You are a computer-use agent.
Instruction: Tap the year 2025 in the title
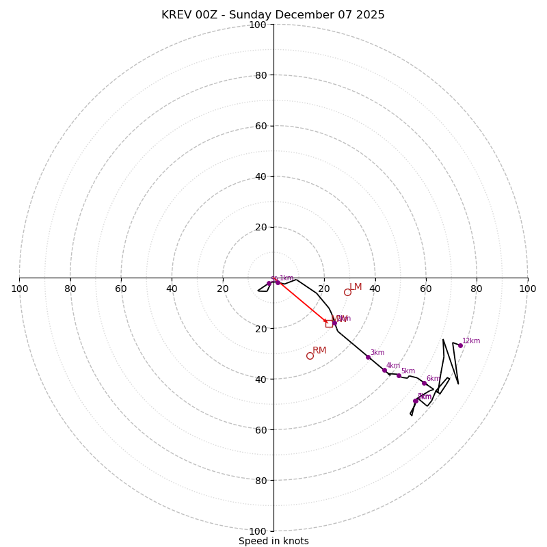click(x=370, y=15)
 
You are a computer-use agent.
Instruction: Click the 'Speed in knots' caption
click(x=273, y=541)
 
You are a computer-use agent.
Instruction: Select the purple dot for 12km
click(x=460, y=345)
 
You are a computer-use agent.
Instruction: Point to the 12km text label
click(x=471, y=341)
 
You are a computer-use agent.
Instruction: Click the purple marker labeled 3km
click(x=368, y=357)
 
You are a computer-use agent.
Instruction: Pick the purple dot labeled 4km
click(x=384, y=371)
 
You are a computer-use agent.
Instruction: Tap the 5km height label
click(x=408, y=371)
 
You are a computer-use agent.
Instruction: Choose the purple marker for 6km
click(x=424, y=383)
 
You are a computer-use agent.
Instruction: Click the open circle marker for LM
click(x=347, y=292)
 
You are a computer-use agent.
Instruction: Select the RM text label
click(x=319, y=351)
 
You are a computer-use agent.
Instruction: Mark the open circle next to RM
click(x=310, y=356)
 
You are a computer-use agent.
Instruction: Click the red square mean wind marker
click(x=329, y=323)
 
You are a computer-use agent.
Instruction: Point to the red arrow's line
click(x=301, y=300)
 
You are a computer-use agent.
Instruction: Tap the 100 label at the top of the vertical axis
click(x=258, y=25)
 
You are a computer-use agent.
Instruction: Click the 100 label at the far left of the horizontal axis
click(x=20, y=289)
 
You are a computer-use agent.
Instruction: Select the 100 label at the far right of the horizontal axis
click(x=527, y=289)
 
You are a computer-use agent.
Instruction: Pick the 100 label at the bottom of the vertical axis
click(x=258, y=531)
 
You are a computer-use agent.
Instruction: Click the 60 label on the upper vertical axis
click(x=260, y=126)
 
